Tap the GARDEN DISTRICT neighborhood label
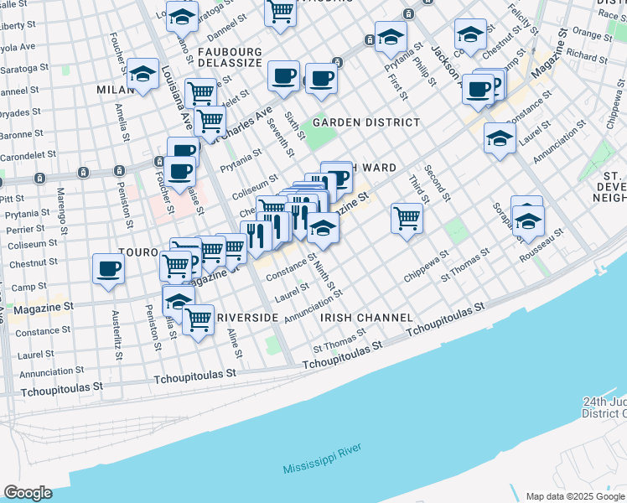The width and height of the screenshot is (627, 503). point(366,122)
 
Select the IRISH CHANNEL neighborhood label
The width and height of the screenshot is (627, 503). point(366,319)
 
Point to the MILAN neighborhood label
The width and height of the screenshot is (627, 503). point(115,90)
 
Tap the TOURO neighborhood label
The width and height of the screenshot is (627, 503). point(138,251)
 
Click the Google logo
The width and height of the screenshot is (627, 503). point(28,493)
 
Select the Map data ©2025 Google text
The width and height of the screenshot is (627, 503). point(575,495)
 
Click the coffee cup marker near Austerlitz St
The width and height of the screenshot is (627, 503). point(108,268)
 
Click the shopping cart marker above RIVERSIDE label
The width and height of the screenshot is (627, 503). point(198,319)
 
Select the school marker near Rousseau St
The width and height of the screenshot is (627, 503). point(528,220)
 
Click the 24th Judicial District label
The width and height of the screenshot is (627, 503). point(605,407)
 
